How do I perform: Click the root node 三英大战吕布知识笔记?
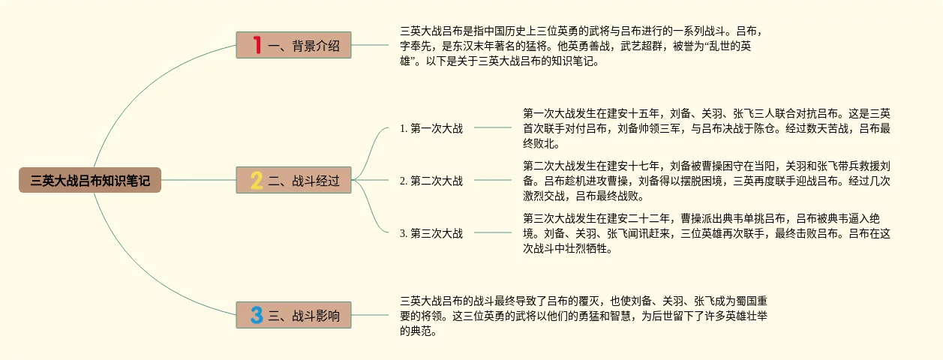90,180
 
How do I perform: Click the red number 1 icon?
257,46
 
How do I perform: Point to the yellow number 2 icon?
257,180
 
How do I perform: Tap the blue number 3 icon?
257,316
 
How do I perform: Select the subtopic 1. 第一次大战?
431,128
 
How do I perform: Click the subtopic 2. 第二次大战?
431,181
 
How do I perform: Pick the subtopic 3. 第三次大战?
431,233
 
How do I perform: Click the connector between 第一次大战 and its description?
492,127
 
